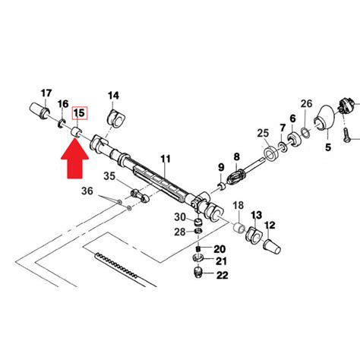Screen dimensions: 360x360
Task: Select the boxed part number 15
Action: tap(80, 113)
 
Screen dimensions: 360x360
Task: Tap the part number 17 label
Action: tap(46, 93)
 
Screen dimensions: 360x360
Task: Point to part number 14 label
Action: tap(113, 96)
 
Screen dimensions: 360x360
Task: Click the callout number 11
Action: tap(166, 159)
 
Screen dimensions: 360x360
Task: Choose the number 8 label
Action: tap(236, 156)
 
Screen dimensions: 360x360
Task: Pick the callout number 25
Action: tap(263, 133)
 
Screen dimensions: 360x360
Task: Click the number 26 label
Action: tap(306, 103)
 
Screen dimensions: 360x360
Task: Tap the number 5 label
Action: tap(328, 147)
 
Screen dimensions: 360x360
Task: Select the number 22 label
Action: tap(223, 275)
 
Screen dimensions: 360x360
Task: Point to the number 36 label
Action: tap(87, 191)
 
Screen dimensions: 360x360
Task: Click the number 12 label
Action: tap(270, 225)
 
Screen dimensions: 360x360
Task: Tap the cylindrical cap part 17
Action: tap(39, 110)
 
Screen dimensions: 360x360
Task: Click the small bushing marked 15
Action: tap(77, 133)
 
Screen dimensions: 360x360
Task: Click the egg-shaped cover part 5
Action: tap(324, 118)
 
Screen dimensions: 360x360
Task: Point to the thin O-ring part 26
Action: tap(305, 133)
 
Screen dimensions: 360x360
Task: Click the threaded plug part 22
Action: tap(197, 272)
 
